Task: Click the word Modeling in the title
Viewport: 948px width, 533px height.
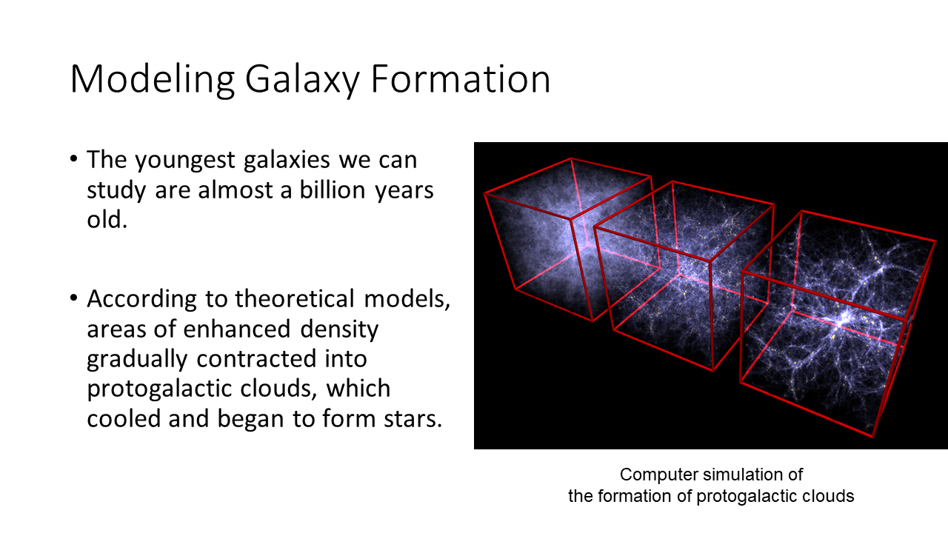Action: pyautogui.click(x=153, y=80)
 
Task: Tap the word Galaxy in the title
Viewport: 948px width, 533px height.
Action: pyautogui.click(x=302, y=80)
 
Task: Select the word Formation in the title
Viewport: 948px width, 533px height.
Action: pyautogui.click(x=461, y=78)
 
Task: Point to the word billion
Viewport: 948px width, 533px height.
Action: pyautogui.click(x=333, y=190)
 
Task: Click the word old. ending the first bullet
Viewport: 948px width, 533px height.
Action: pyautogui.click(x=107, y=220)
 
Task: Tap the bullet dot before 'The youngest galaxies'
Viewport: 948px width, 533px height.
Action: pyautogui.click(x=73, y=159)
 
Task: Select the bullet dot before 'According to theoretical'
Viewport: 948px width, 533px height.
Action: pyautogui.click(x=73, y=298)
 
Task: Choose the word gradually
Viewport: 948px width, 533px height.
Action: pyautogui.click(x=137, y=360)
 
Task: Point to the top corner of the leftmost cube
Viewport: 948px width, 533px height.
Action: pyautogui.click(x=571, y=158)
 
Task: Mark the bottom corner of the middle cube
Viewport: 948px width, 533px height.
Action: pyautogui.click(x=713, y=371)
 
